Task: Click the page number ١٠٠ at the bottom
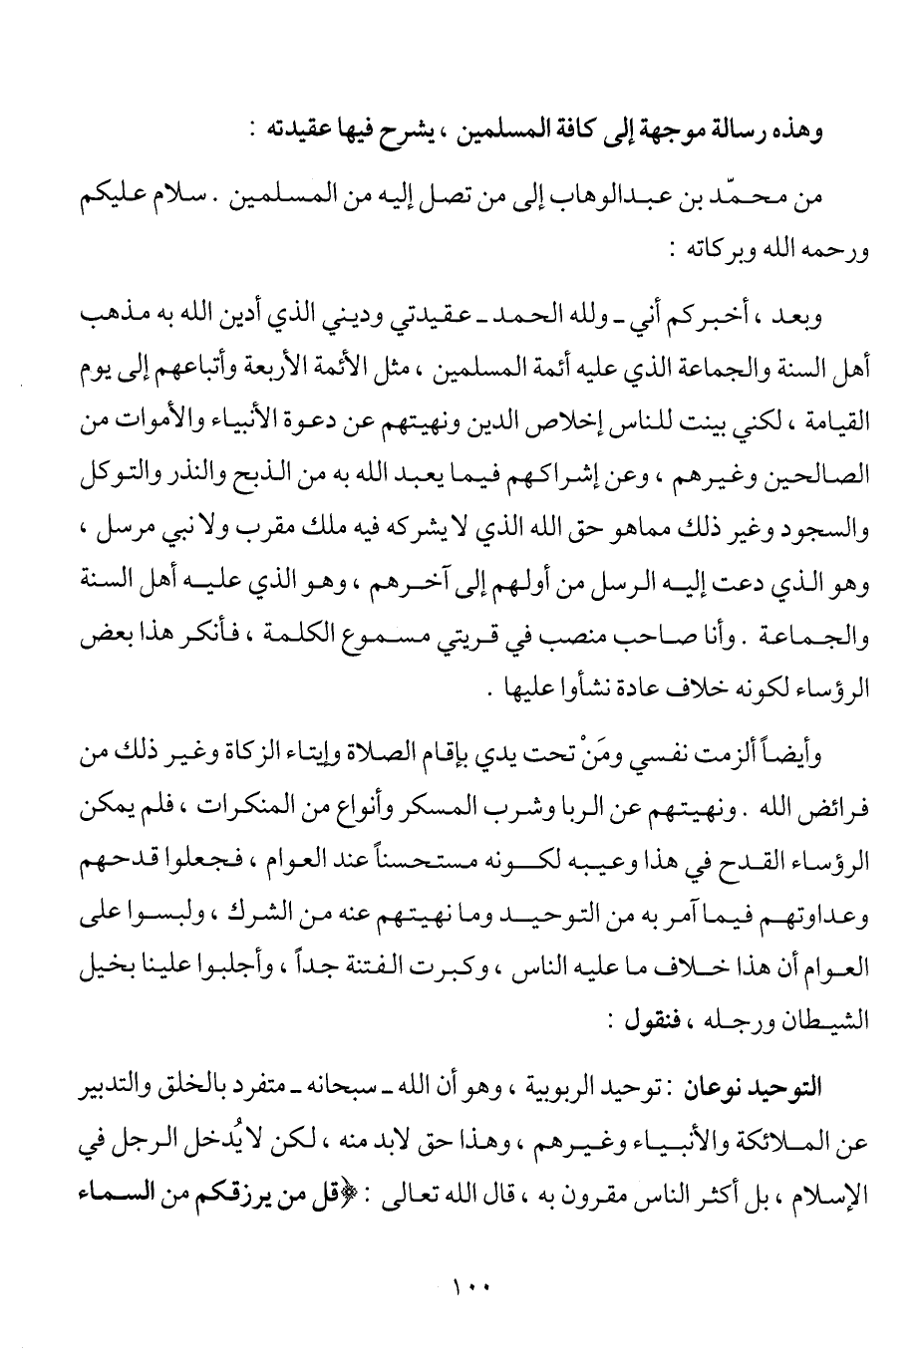pyautogui.click(x=465, y=1287)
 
